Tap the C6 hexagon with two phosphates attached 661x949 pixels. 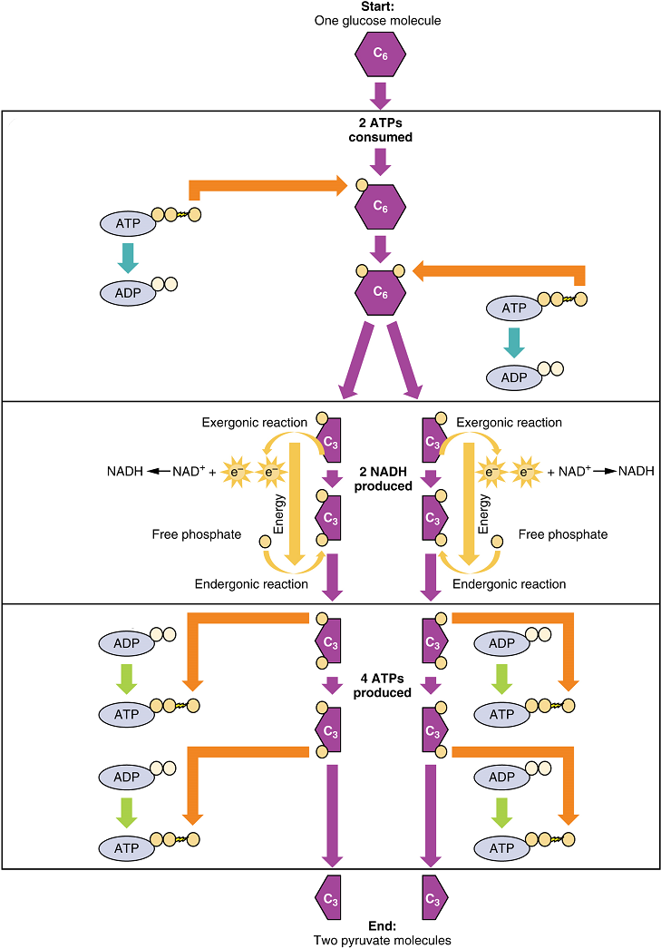tap(381, 292)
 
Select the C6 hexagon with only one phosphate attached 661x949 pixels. tap(381, 206)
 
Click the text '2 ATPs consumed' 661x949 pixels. tap(381, 131)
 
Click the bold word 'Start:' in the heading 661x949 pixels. tap(379, 6)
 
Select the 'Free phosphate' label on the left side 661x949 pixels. tap(197, 534)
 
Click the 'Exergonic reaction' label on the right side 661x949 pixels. tap(509, 422)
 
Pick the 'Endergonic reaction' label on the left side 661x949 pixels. tap(251, 584)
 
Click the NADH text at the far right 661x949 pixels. tap(637, 471)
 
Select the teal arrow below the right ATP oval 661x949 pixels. tap(515, 340)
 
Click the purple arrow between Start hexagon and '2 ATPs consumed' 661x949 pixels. tap(381, 93)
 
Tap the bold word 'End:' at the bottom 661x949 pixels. tap(381, 926)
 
